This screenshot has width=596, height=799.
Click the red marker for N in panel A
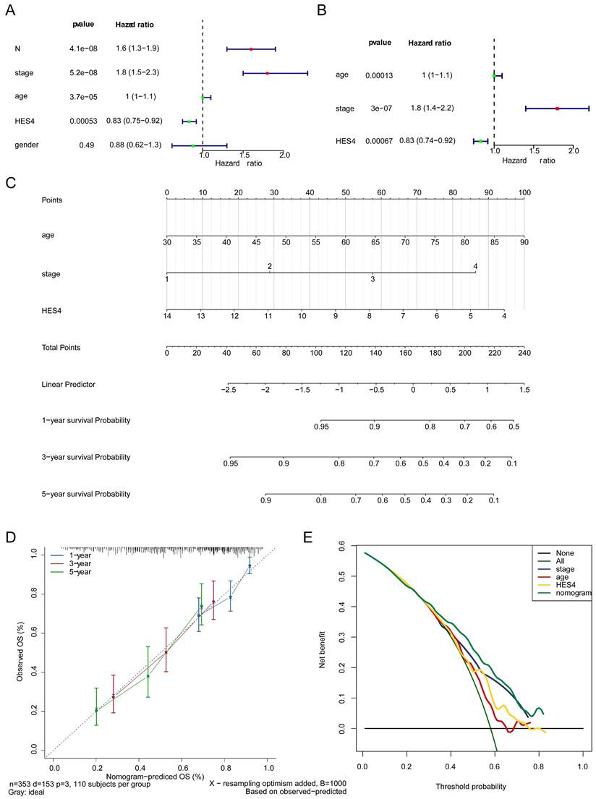(251, 48)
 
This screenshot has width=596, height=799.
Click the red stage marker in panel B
(557, 108)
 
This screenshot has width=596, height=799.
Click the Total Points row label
(63, 349)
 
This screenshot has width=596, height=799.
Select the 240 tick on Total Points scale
(524, 354)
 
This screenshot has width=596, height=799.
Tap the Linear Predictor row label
(69, 384)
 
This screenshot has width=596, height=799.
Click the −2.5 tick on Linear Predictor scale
(228, 390)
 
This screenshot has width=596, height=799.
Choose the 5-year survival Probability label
(86, 495)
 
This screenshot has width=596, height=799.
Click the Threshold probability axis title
(471, 787)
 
